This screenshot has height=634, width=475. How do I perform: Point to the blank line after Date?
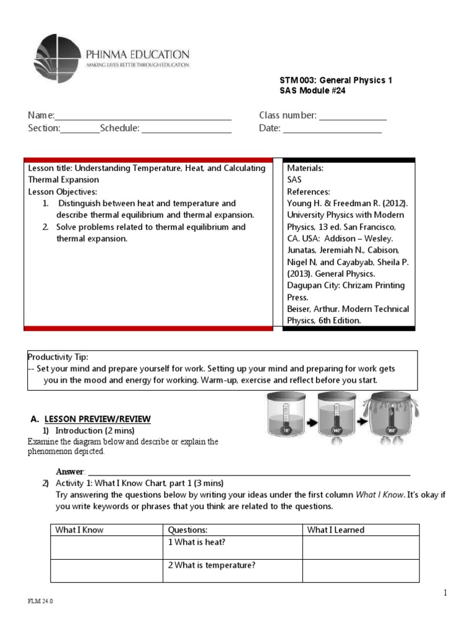(x=332, y=129)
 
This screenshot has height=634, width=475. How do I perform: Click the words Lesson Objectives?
(x=62, y=191)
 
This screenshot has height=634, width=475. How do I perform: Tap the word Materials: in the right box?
(x=305, y=168)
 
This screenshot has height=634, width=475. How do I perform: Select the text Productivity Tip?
(x=58, y=357)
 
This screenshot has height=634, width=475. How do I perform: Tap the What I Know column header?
(x=79, y=530)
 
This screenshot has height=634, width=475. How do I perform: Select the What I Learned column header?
(x=336, y=530)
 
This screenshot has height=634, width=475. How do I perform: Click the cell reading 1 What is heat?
(x=197, y=542)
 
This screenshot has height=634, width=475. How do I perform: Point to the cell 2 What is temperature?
(x=212, y=565)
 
